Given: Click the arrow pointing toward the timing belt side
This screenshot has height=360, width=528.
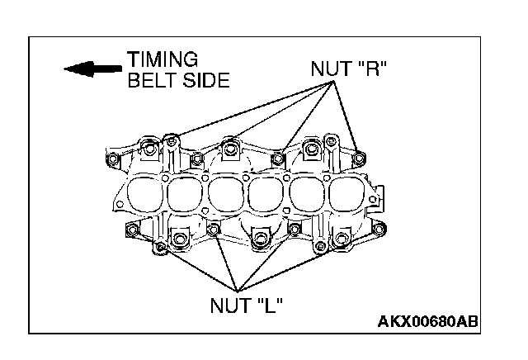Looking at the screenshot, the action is tap(87, 69).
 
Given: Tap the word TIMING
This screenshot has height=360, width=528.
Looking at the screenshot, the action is tap(163, 59).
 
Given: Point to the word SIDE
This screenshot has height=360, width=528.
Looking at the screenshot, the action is tap(201, 80).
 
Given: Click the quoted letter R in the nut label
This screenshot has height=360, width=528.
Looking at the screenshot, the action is tap(372, 68).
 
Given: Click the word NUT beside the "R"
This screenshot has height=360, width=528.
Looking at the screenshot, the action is tap(330, 68).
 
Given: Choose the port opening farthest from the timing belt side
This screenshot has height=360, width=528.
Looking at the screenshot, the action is tap(345, 195).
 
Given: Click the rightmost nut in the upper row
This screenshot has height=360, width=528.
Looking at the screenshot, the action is tap(359, 157).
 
